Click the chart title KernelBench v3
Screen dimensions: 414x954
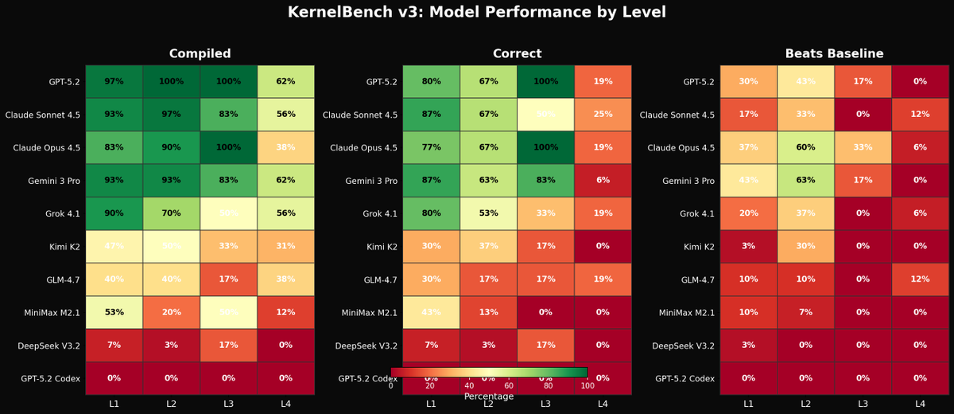click(x=477, y=13)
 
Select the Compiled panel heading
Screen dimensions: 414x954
click(x=200, y=54)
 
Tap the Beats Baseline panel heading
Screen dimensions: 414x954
click(x=834, y=54)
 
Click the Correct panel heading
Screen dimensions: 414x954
click(x=517, y=54)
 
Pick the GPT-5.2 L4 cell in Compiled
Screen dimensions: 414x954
click(x=285, y=81)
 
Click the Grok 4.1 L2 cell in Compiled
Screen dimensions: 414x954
click(x=171, y=213)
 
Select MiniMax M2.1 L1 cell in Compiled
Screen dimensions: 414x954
click(x=114, y=312)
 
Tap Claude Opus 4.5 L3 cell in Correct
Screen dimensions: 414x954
click(x=545, y=147)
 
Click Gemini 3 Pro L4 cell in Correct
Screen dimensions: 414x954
click(x=603, y=181)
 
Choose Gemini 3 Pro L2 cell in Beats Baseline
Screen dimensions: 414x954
click(x=805, y=181)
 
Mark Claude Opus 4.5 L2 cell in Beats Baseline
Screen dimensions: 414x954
click(x=805, y=147)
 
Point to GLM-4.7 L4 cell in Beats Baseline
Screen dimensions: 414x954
click(x=920, y=279)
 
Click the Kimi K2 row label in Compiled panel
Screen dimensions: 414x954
click(x=64, y=247)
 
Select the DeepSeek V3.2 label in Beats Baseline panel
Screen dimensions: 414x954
click(x=683, y=346)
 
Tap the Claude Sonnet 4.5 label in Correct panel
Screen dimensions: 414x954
click(x=360, y=115)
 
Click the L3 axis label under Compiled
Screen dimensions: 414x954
click(x=228, y=404)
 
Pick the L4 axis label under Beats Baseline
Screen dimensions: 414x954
click(x=920, y=404)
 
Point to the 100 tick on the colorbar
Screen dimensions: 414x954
click(x=588, y=386)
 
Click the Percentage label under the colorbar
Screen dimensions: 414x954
click(x=489, y=396)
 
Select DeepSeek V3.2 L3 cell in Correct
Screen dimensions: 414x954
click(x=545, y=346)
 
